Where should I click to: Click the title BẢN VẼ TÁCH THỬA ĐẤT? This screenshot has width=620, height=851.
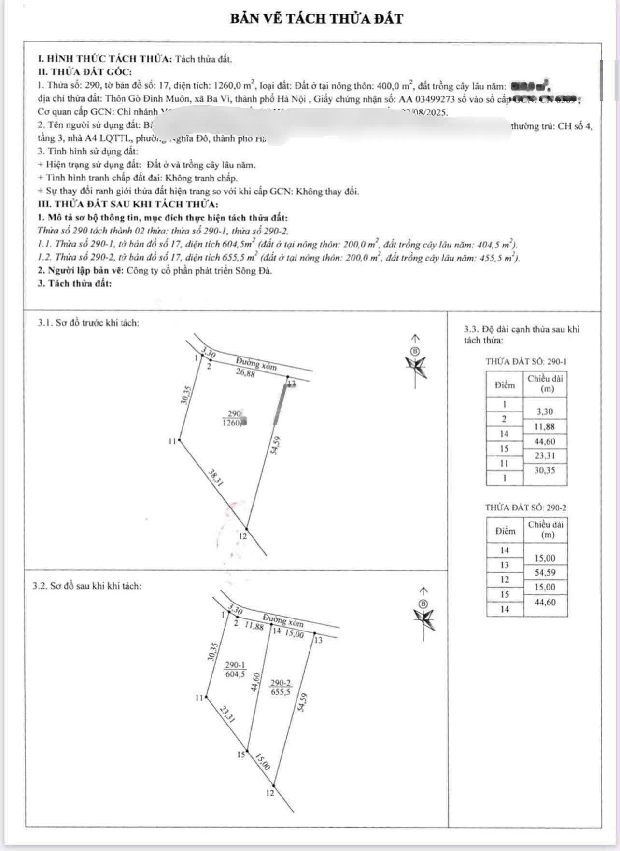coord(316,19)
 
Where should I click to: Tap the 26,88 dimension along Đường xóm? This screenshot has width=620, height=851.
coord(245,372)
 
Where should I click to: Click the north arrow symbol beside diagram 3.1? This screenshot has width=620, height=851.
coord(416,361)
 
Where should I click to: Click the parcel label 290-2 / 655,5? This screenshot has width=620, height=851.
coord(280,687)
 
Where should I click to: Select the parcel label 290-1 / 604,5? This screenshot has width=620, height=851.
coord(235,670)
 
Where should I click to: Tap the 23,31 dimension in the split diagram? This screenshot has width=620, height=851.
coord(227,714)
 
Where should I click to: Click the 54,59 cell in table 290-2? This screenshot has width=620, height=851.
coord(545,573)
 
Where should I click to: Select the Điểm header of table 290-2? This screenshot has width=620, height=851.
coord(505,531)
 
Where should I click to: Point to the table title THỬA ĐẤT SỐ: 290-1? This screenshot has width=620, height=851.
coord(526,361)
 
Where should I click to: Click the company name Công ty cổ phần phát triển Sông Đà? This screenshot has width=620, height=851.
coord(199,270)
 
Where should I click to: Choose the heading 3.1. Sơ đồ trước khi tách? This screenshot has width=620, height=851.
coord(88,323)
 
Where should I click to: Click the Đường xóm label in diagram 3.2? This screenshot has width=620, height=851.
coord(283,620)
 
